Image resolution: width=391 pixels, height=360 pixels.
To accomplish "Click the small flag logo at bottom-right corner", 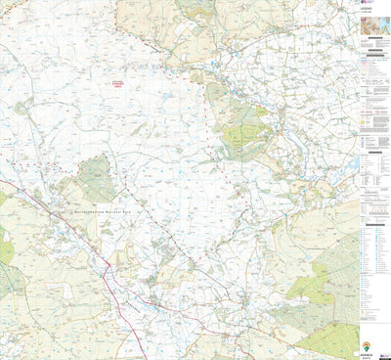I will tap(386, 355).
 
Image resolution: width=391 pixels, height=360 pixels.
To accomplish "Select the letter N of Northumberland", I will tap(65, 207).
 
